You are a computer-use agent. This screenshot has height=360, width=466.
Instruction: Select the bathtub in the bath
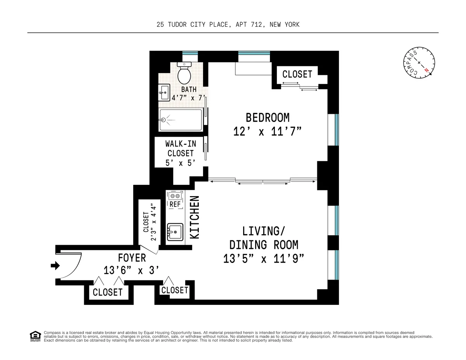coord(180,120)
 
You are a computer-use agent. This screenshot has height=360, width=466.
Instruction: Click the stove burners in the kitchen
coord(175,196)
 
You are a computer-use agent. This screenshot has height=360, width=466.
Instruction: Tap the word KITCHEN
coord(195,217)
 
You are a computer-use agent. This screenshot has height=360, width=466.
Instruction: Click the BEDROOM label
coord(268,117)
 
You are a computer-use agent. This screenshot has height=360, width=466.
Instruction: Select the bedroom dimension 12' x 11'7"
coord(268,132)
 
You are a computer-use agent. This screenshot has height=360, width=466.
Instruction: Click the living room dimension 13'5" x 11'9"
coord(264,259)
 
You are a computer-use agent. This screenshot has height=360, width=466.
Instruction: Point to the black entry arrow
coord(55,266)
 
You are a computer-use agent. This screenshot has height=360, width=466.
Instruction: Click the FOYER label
coord(132,257)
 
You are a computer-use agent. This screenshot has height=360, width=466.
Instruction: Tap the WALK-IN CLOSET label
coord(180,148)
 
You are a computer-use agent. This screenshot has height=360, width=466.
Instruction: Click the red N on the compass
coord(427,70)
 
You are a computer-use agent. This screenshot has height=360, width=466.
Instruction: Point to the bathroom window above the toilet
coord(190,54)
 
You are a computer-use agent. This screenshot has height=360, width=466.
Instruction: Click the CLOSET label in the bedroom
coord(297,74)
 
